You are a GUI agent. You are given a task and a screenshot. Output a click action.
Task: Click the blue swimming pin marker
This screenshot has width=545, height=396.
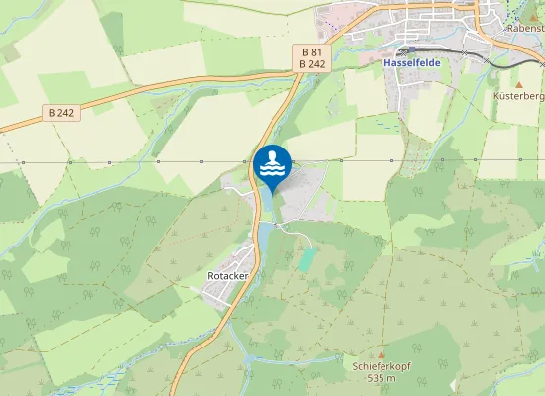pos(272,166)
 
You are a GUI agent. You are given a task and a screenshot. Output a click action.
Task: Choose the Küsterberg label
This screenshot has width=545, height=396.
pos(519,97)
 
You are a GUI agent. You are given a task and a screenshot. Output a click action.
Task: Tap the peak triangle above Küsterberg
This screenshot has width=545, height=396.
pos(517,85)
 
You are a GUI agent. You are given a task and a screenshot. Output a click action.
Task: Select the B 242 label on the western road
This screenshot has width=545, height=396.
pos(59,112)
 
